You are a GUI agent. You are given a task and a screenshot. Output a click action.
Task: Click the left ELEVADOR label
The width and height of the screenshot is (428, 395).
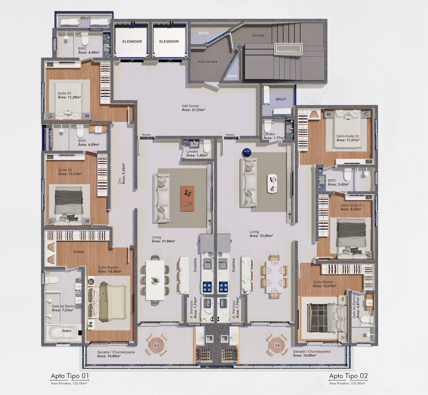pyautogui.click(x=132, y=42)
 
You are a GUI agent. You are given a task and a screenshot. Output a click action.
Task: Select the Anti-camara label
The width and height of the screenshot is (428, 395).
pyautogui.click(x=208, y=62)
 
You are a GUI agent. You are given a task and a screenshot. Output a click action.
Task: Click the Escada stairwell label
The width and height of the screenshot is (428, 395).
pyautogui.click(x=258, y=35)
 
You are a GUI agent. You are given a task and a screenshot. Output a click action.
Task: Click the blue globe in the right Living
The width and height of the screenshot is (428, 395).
pyautogui.click(x=246, y=153)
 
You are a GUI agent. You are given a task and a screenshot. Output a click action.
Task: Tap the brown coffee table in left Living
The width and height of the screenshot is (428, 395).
pyautogui.click(x=187, y=198)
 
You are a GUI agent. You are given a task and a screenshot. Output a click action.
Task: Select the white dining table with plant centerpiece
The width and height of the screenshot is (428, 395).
pyautogui.click(x=155, y=280)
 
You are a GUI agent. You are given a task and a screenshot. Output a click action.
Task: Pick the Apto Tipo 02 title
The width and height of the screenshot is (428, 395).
pyautogui.click(x=348, y=376)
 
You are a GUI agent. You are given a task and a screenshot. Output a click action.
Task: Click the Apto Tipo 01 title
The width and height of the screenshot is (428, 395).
pyautogui.click(x=70, y=376)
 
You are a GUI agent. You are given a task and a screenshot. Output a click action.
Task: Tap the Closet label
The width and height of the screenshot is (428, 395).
pyautogui.click(x=78, y=252)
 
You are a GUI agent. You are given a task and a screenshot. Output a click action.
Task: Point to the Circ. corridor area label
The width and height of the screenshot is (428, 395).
pyautogui.click(x=121, y=174)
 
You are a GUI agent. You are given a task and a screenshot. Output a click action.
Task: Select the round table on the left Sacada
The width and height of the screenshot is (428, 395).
pyautogui.click(x=156, y=345)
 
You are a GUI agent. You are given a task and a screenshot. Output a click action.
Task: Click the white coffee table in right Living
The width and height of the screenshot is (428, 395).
pyautogui.click(x=272, y=183)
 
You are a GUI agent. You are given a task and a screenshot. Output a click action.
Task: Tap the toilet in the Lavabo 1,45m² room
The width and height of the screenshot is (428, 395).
pyautogui.click(x=207, y=146)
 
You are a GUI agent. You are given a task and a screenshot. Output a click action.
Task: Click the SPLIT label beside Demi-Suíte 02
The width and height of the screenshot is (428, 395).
pyautogui.click(x=281, y=99)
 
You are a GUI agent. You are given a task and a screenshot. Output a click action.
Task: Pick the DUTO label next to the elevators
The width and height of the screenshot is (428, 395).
pyautogui.click(x=204, y=33)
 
